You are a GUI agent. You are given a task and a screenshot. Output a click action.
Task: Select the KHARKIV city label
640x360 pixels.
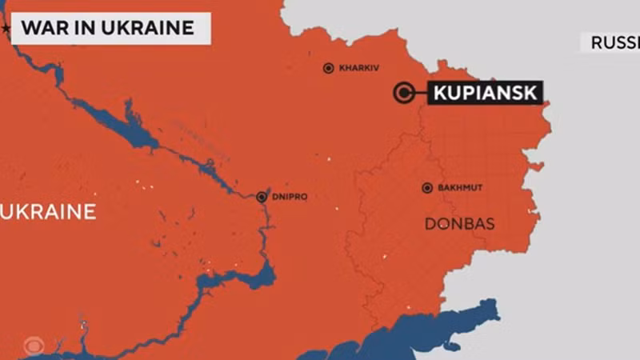(x=357, y=69)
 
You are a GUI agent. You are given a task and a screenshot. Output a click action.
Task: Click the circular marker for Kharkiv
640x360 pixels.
(x=328, y=69)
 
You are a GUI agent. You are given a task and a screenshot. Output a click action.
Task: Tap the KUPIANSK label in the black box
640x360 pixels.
(x=485, y=93)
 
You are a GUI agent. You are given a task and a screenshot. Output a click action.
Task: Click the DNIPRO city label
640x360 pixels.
(x=288, y=197)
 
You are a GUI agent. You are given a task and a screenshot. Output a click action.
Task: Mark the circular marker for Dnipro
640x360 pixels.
(x=262, y=197)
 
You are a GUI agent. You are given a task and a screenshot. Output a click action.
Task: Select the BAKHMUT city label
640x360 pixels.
(x=460, y=188)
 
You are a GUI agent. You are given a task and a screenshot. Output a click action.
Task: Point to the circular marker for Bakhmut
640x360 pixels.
(x=427, y=188)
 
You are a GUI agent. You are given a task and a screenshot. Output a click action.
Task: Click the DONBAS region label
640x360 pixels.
(x=459, y=224)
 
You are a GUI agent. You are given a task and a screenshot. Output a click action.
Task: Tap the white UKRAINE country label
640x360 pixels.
(x=50, y=212)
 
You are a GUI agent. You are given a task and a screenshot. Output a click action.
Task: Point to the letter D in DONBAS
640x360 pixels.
(x=430, y=224)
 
